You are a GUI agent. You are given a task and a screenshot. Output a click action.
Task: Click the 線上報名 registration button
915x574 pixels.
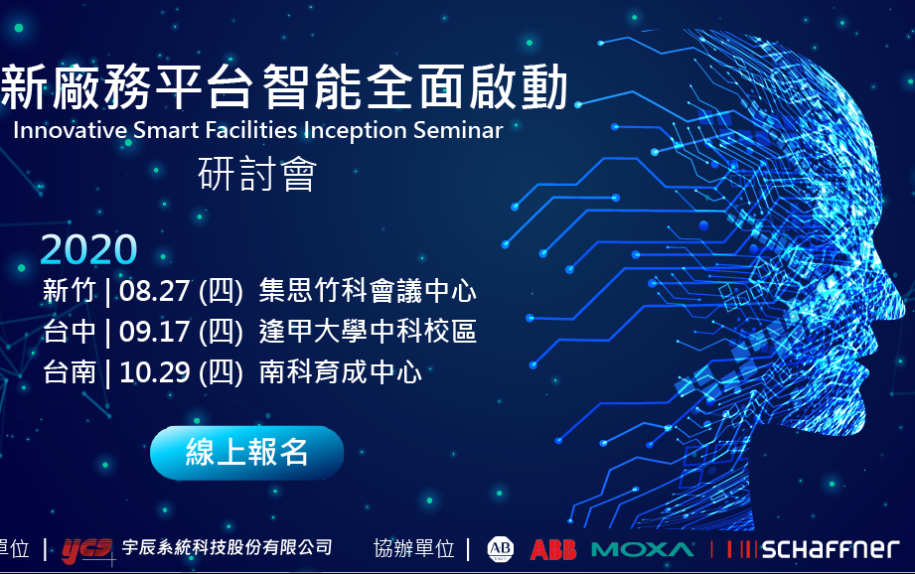click(x=246, y=453)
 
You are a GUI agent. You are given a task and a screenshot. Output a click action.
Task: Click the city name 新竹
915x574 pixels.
click(x=70, y=292)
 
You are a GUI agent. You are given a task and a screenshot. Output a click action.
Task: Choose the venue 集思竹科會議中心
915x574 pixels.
click(x=368, y=292)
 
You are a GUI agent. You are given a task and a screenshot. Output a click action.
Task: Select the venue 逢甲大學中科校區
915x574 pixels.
click(x=368, y=332)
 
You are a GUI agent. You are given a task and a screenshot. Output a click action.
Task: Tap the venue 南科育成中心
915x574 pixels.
click(x=341, y=372)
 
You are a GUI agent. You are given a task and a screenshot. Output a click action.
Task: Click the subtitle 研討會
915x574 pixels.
click(x=257, y=176)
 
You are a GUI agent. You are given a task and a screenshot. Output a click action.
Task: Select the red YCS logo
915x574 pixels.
click(x=87, y=548)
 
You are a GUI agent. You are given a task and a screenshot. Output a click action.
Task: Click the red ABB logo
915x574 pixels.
click(x=553, y=549)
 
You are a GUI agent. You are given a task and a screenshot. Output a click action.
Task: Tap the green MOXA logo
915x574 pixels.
click(x=643, y=549)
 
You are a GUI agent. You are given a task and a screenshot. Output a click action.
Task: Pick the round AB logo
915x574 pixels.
click(x=501, y=548)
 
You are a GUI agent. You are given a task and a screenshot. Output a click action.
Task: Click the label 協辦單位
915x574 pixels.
click(x=413, y=548)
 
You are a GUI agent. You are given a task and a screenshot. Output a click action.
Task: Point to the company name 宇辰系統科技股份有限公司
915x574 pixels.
click(x=227, y=548)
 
